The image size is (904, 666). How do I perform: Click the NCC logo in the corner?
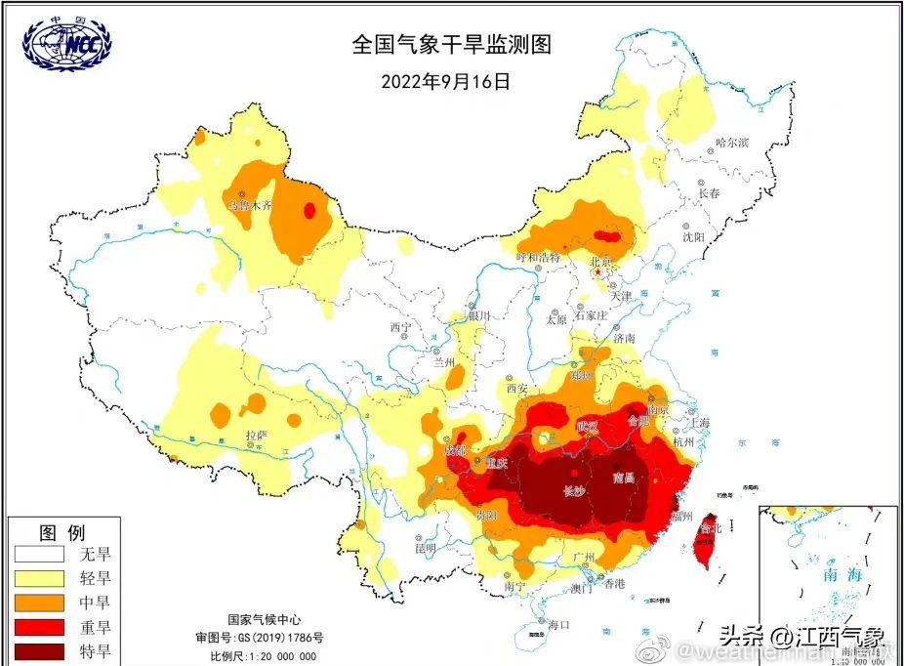pos(66,43)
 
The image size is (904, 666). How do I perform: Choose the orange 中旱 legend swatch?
pos(38,603)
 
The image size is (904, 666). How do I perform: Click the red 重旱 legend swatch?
pos(38,626)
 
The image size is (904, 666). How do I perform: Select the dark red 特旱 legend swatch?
pos(38,649)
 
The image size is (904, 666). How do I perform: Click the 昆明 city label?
pos(425,549)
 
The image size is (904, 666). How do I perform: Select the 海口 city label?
pos(557,624)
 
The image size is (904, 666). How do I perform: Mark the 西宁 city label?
pos(402,327)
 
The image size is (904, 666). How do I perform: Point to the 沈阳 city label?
pos(693,236)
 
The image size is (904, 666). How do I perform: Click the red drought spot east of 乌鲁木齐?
pos(309,209)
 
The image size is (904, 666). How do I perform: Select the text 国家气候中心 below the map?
pos(265,619)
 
